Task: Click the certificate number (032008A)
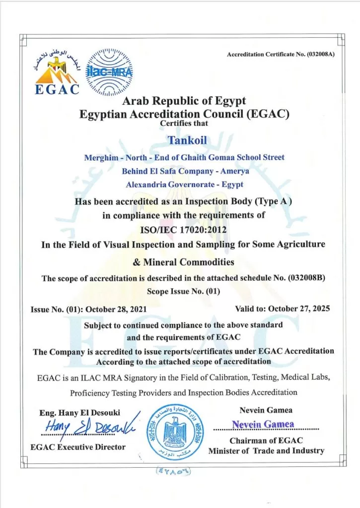319,54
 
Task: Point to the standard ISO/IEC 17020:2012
180,230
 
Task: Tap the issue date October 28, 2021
116,309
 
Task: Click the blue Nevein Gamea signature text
263,425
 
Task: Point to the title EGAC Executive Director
78,446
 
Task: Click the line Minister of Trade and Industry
266,450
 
